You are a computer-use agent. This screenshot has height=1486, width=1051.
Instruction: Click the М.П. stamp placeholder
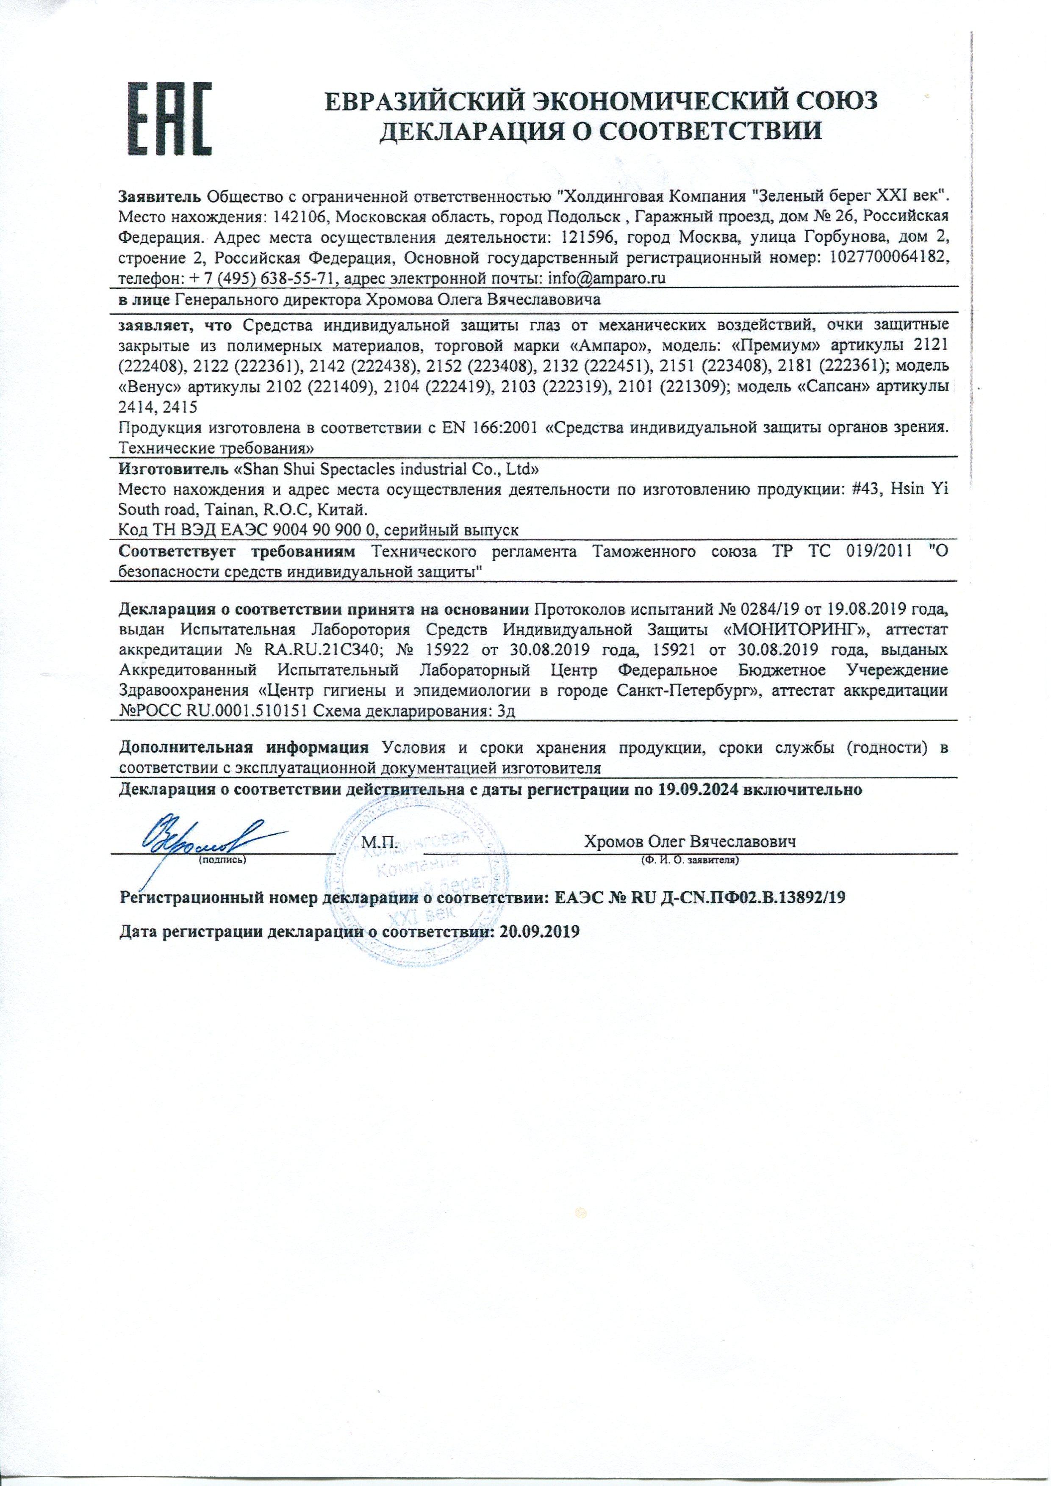(378, 842)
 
